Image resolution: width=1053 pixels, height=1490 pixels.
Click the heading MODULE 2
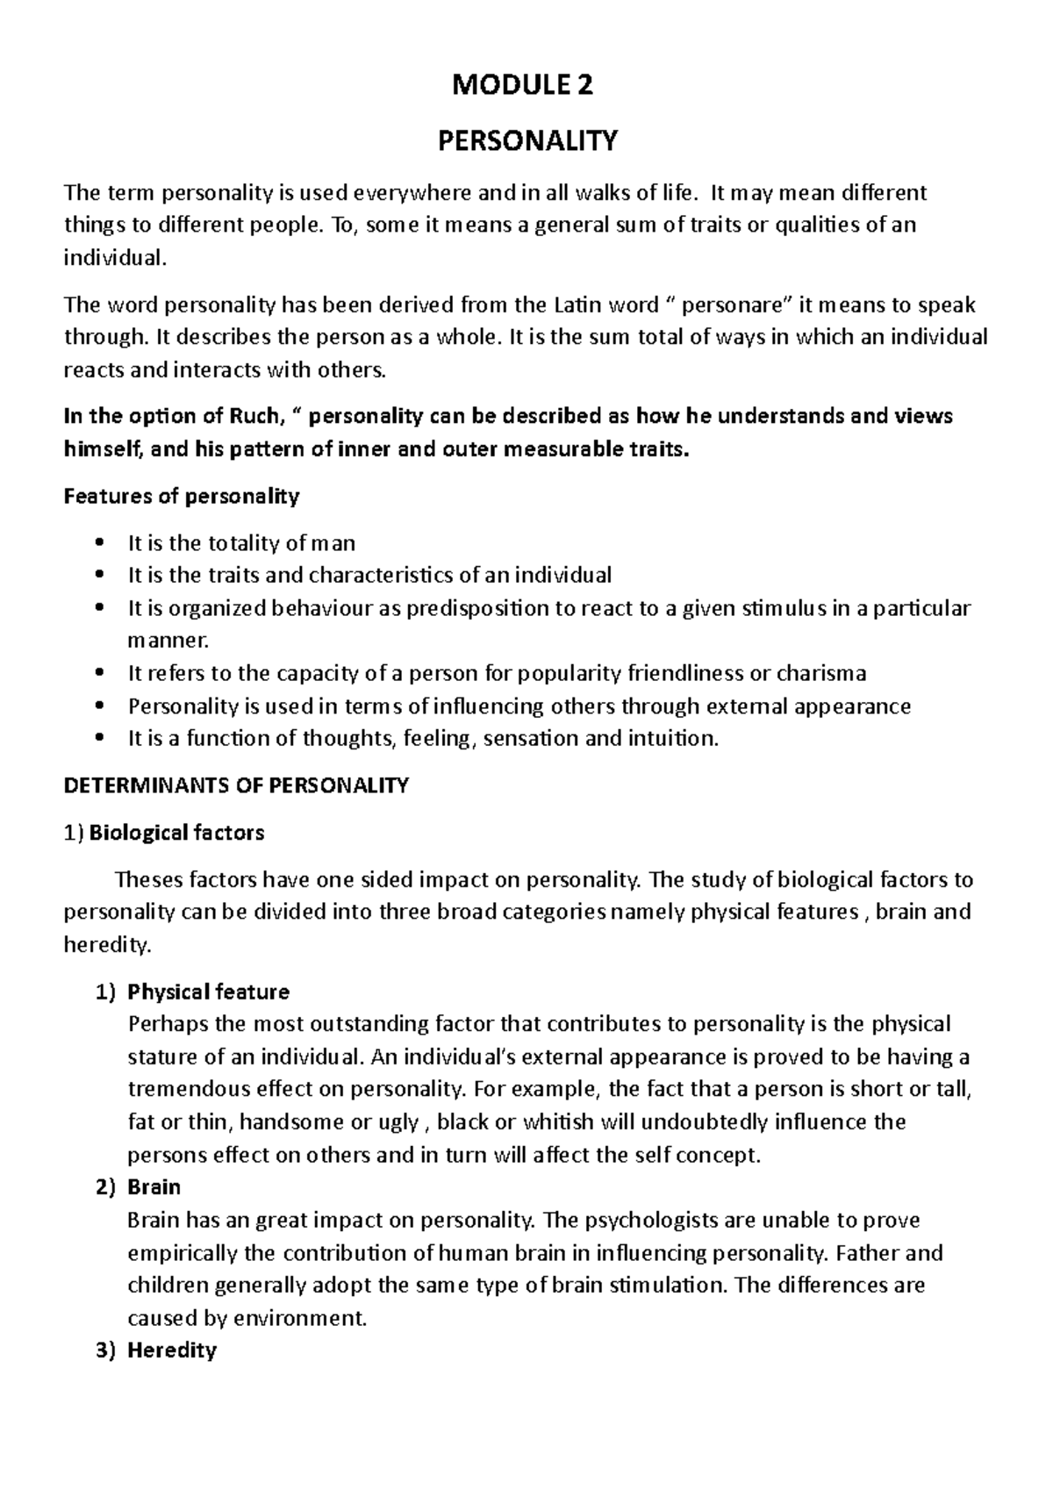522,85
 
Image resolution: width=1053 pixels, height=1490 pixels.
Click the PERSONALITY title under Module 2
527,140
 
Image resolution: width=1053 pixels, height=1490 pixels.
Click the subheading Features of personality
182,497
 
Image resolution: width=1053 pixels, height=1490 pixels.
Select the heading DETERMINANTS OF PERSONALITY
236,785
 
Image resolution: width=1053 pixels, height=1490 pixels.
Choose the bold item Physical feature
208,992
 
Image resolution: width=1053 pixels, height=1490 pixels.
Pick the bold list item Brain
154,1187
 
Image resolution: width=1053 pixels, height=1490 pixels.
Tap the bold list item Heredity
171,1350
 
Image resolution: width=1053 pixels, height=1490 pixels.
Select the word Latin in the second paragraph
577,305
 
